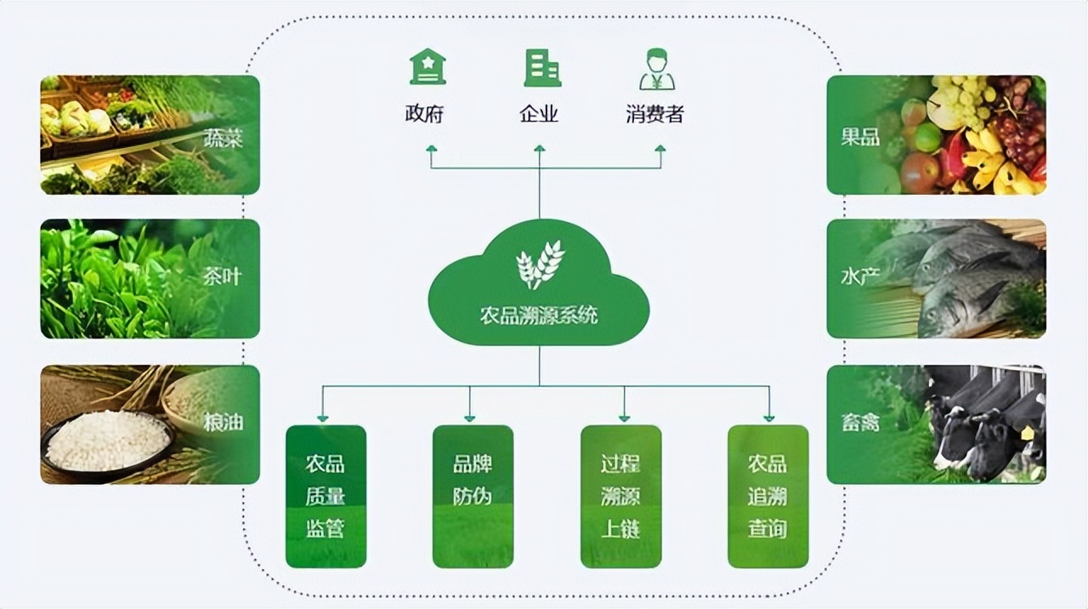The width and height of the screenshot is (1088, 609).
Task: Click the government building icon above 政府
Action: [x=427, y=67]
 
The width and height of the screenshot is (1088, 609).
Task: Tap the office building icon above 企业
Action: [x=541, y=68]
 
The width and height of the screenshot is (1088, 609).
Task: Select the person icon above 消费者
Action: [x=656, y=69]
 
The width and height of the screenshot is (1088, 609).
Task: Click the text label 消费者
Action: [x=654, y=115]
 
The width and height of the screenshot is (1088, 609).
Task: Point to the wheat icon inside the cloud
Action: [x=540, y=264]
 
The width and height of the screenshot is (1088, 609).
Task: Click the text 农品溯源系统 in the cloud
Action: [x=539, y=316]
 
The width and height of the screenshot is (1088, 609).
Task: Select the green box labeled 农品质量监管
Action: [x=326, y=496]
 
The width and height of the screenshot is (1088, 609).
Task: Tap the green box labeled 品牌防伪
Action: [x=473, y=496]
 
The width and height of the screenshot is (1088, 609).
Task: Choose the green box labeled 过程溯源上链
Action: [x=620, y=496]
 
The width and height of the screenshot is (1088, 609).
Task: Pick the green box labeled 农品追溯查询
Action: [x=768, y=496]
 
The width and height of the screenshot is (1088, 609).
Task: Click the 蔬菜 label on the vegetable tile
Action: [x=224, y=138]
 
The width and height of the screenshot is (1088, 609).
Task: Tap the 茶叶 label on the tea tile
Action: [x=224, y=278]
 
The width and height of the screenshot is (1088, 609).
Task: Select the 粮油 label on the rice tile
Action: [x=224, y=422]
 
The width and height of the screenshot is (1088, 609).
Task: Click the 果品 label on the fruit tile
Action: [x=860, y=137]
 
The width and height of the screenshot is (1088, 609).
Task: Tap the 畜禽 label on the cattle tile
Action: [x=860, y=422]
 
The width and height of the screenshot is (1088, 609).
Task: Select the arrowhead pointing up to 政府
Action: [x=431, y=151]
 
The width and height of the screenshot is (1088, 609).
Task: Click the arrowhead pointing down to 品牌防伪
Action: [x=469, y=417]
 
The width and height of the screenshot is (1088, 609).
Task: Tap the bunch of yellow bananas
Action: [x=994, y=162]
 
